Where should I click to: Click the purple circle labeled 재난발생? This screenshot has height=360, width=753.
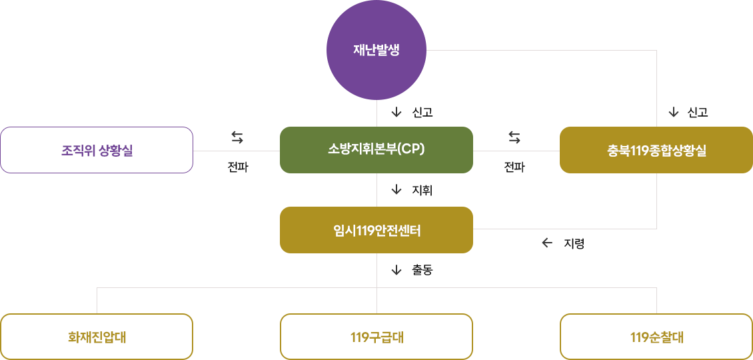376,50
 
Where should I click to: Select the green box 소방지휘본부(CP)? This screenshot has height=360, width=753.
376,150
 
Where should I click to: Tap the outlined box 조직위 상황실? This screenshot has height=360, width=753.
97,150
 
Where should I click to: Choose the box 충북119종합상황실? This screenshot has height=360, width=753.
656,150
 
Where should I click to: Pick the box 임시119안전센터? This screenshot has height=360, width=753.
376,230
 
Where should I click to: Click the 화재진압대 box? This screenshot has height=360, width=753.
97,337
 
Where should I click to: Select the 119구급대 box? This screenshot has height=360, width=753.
376,337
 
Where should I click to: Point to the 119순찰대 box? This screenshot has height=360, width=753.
656,337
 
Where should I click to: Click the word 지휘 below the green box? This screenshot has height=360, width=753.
422,191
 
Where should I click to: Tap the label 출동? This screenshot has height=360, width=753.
422,270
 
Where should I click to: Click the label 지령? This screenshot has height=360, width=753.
574,243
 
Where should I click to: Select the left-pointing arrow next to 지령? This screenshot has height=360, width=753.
547,243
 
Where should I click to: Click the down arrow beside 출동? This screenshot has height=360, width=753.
396,270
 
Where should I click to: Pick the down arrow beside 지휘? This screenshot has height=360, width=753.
396,191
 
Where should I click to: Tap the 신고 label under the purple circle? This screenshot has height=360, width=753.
422,113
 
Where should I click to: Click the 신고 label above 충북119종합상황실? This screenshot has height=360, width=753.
698,113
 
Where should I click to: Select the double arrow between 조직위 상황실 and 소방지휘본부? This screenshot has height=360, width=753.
237,137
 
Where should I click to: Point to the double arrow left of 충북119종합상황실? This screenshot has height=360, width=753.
514,137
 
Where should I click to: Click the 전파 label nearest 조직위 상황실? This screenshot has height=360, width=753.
237,167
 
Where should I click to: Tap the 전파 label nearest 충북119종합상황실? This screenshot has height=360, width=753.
514,167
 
